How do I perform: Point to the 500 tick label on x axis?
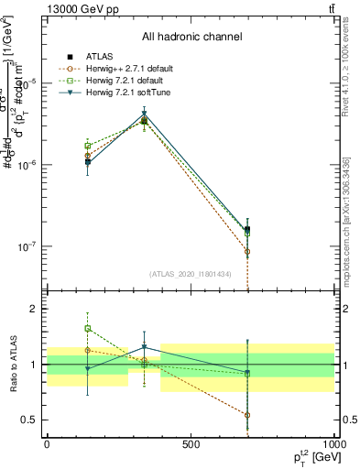click(191, 444)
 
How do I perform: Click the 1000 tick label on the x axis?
click(334, 444)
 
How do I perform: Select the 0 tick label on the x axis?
click(47, 444)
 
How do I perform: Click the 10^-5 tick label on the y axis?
click(27, 83)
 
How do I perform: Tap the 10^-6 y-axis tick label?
click(27, 165)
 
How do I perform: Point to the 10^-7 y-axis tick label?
click(27, 246)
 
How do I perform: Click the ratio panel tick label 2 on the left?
click(34, 309)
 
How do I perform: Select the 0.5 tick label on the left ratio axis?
click(30, 420)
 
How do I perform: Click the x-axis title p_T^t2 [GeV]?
click(308, 456)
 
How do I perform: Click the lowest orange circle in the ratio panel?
click(248, 414)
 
